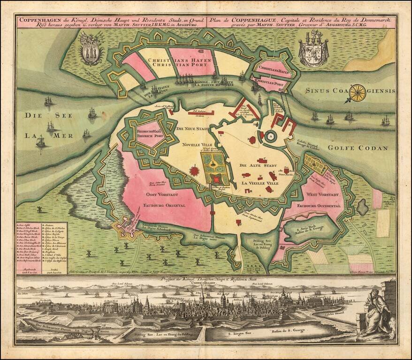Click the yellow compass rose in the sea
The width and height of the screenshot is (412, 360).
click(x=358, y=92)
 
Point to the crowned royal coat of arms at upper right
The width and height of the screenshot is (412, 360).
click(x=313, y=50)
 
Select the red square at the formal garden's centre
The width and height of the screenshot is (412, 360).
click(x=216, y=179)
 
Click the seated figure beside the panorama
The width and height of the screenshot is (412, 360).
click(x=376, y=313)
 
